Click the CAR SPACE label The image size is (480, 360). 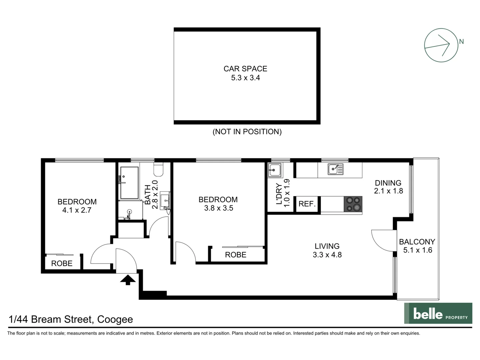(245, 69)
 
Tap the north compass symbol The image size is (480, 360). (441, 45)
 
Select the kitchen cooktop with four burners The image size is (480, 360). (353, 204)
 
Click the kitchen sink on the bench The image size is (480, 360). (335, 169)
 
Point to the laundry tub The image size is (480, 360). (275, 170)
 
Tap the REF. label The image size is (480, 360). (307, 204)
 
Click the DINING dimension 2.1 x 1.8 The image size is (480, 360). (388, 191)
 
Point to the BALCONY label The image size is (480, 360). (417, 242)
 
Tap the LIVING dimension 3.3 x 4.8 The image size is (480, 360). (327, 255)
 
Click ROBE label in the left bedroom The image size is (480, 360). (62, 263)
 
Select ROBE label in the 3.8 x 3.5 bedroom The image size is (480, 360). (236, 255)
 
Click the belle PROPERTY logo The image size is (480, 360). (438, 313)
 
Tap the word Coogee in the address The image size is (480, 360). (115, 319)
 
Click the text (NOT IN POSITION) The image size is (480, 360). (247, 132)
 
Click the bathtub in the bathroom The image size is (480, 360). (129, 183)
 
